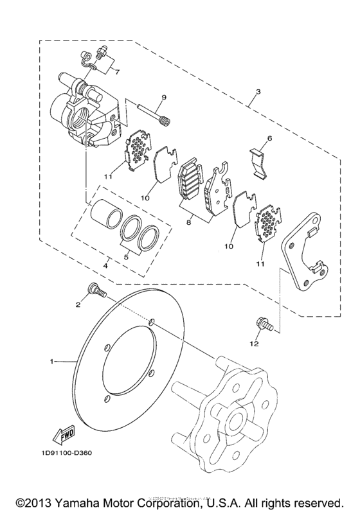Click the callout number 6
270,138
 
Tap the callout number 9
164,97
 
